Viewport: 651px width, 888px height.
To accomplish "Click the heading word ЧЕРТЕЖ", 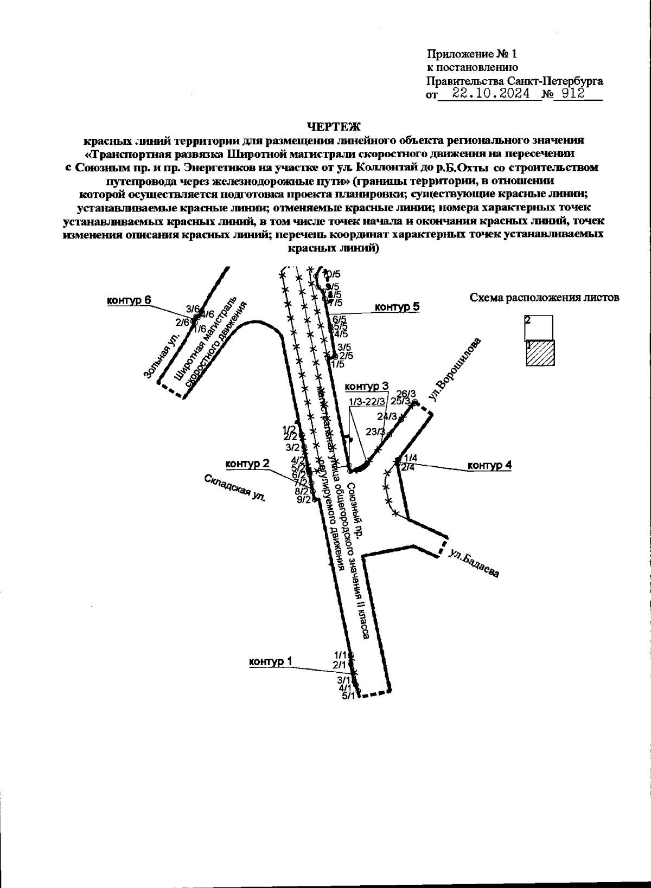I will point(334,127).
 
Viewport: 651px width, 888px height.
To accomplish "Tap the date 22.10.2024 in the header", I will point(492,94).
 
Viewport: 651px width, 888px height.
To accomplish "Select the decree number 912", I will point(572,94).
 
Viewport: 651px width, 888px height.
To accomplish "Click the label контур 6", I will point(128,301).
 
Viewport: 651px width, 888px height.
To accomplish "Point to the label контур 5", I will point(398,307).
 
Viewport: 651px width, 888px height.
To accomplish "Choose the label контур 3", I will point(367,387).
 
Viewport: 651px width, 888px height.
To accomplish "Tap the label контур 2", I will point(247,464).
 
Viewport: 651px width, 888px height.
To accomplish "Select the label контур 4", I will point(489,465).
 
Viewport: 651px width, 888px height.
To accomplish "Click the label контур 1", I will point(270,661).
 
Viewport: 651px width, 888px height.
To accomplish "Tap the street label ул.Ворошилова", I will point(454,370).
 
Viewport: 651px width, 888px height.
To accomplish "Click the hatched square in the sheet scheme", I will point(539,353).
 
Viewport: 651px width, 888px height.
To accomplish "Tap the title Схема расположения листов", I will point(544,297).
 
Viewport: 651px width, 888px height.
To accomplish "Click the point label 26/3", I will point(406,394).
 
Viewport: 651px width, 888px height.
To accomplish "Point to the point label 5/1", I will point(348,697).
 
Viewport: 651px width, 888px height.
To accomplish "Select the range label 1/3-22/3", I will point(367,402).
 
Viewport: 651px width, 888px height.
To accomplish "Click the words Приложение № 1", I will point(473,54).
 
